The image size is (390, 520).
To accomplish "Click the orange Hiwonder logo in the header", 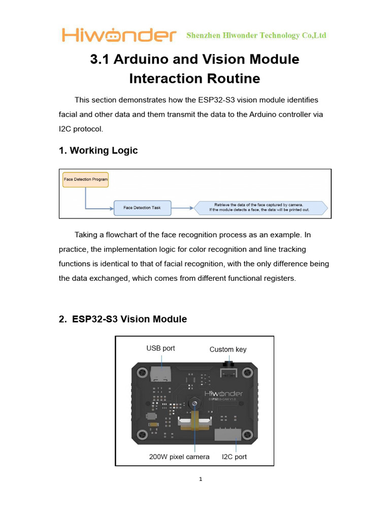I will point(119,35).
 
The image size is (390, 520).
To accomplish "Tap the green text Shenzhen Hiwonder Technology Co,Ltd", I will point(256,36).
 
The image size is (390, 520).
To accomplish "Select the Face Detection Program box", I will point(86,179).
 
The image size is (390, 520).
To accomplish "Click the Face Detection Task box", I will point(142,207).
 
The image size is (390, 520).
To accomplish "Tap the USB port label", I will point(160,348).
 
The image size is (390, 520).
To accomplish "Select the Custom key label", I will point(228,349).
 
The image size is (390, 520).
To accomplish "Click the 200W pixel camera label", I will point(179,457).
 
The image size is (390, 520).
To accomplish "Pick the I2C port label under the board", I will point(234,457).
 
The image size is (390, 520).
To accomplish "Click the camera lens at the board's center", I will point(194,403).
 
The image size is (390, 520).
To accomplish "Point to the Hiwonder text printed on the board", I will point(223,394).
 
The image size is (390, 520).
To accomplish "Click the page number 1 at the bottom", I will point(201,479).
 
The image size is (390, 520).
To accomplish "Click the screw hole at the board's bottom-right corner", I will point(248,435).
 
